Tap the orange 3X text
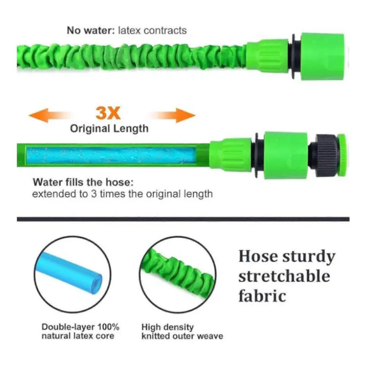pos(108,113)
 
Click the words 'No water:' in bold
pos(91,30)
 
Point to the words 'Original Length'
pos(109,129)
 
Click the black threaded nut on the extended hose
pos(324,155)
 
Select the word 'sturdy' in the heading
pos(309,257)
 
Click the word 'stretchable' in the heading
pos(284,276)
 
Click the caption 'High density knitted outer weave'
pos(182,331)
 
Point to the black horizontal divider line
pos(183,219)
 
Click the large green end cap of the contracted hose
pos(323,56)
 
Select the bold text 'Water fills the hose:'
pos(83,182)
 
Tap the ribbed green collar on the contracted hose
pos(268,56)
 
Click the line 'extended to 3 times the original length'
pos(123,194)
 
